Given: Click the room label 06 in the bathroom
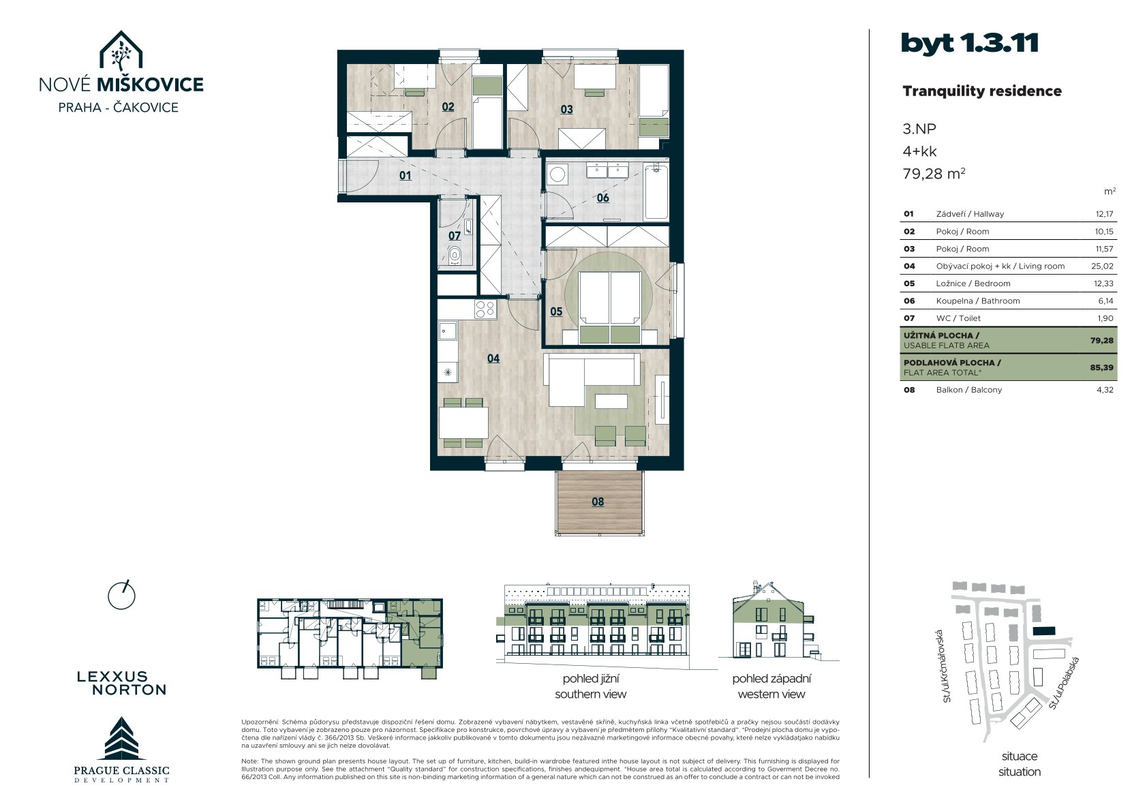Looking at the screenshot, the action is pyautogui.click(x=602, y=198).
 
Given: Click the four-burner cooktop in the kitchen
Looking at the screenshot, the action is pyautogui.click(x=485, y=309).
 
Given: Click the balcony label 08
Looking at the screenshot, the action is pyautogui.click(x=598, y=502).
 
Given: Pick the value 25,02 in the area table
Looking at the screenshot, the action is pyautogui.click(x=1102, y=266).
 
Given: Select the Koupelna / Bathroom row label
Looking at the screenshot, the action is pyautogui.click(x=977, y=301).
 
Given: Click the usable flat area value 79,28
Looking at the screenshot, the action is pyautogui.click(x=1102, y=341).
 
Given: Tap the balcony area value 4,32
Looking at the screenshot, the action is pyautogui.click(x=1105, y=390).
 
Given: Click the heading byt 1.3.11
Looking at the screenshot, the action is pyautogui.click(x=969, y=43).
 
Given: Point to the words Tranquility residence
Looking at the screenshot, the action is pyautogui.click(x=981, y=91).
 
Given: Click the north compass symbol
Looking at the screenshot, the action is pyautogui.click(x=121, y=595).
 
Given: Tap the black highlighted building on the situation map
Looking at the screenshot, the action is pyautogui.click(x=1044, y=631).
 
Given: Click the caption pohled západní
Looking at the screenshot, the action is pyautogui.click(x=771, y=679).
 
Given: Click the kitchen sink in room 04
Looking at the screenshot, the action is pyautogui.click(x=448, y=331).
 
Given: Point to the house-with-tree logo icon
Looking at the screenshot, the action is pyautogui.click(x=121, y=50).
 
